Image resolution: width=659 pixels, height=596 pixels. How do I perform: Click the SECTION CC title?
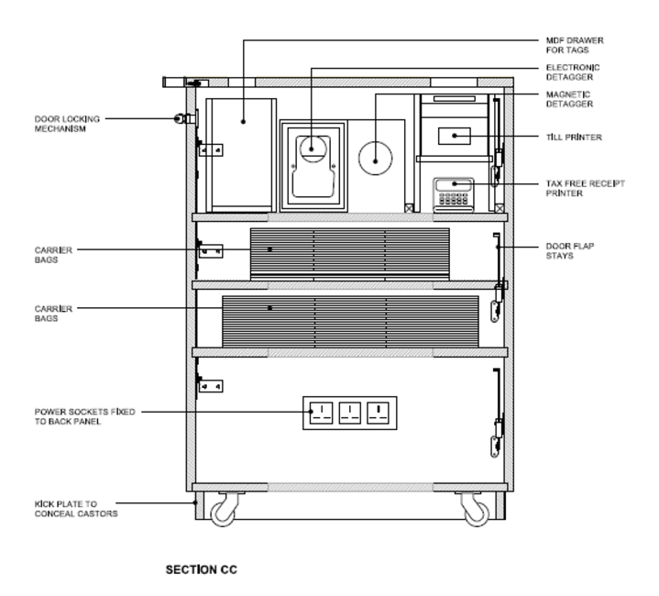[202, 570]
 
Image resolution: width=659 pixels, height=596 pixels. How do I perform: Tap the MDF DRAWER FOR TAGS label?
[575, 45]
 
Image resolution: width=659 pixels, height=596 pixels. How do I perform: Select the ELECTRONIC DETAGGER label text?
[573, 72]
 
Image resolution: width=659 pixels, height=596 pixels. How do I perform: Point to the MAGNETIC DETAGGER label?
[569, 99]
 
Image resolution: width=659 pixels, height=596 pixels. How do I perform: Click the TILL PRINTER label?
[574, 137]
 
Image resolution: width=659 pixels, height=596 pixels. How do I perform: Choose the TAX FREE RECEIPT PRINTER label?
[585, 188]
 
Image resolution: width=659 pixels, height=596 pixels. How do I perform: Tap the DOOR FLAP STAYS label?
[570, 251]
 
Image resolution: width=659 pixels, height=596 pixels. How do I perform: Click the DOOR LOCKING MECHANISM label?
[67, 124]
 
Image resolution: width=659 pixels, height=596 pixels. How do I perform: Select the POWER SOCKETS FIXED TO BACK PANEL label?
[85, 416]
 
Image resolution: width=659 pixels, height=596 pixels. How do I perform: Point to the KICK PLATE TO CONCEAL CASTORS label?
[76, 509]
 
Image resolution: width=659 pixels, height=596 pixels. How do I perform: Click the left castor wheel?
[223, 513]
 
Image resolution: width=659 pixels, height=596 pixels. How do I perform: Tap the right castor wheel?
[477, 513]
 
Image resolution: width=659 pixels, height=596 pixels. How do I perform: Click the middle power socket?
[350, 413]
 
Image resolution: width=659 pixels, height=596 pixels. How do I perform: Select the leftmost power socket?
[322, 413]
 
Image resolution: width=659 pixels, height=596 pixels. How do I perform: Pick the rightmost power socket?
[378, 413]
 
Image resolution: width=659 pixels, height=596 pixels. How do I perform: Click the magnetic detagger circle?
[375, 158]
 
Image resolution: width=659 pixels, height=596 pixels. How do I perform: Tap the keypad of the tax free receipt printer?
[454, 198]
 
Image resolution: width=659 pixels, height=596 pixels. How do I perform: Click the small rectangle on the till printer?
[455, 136]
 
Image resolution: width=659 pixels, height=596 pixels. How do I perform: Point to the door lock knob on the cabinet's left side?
[178, 119]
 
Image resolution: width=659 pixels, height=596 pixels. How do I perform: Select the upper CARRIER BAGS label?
[53, 255]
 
